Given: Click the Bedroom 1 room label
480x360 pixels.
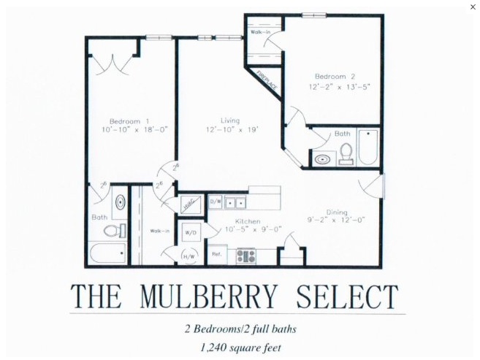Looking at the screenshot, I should (129, 120).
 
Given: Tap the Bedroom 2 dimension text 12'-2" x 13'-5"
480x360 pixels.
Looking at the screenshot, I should (338, 86).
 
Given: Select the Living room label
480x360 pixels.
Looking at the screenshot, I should (230, 120).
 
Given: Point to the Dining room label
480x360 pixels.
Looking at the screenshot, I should (337, 212).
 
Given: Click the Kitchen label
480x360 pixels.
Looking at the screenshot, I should (248, 221).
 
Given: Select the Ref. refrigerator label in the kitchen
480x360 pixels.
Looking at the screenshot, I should (217, 254).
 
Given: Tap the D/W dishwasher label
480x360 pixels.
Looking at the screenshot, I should (216, 201).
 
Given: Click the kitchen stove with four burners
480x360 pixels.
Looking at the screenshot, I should (245, 256).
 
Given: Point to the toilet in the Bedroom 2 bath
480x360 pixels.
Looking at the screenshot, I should (346, 153).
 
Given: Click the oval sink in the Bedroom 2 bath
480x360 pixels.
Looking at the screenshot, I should (322, 158).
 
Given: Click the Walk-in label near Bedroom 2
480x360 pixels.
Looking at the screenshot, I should (261, 33).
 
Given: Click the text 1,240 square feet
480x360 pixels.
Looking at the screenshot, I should (239, 348).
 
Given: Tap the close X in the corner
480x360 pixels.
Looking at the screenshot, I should (473, 7).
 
